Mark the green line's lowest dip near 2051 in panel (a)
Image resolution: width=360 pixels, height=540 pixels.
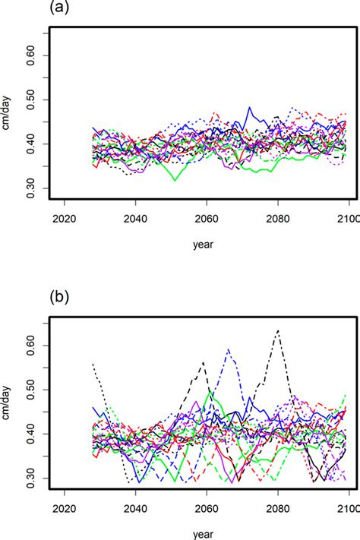pyautogui.click(x=175, y=181)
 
